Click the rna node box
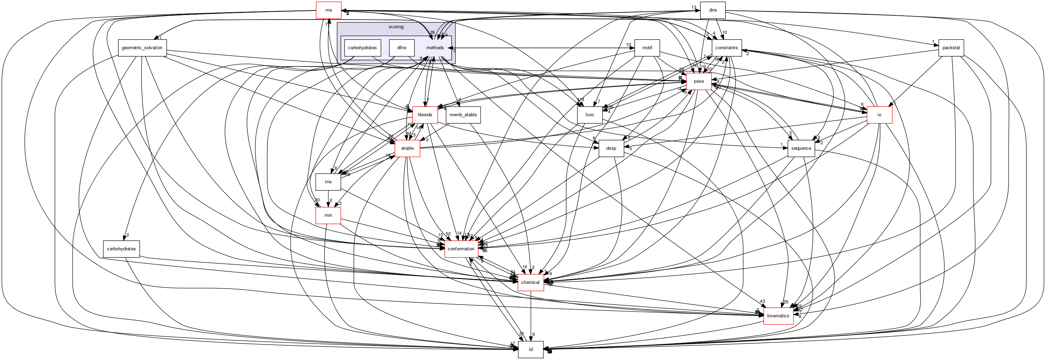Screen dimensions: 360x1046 329,10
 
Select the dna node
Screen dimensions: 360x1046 712,10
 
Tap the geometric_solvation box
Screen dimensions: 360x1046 142,48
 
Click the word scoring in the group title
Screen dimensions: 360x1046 396,27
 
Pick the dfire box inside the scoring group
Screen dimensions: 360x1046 402,48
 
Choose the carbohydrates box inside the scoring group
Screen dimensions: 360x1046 362,48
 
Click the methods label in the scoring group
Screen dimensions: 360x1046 435,48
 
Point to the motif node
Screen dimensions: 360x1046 647,48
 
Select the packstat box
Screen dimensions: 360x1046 951,48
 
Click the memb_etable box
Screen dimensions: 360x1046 463,115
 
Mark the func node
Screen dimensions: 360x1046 590,115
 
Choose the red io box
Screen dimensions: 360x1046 879,115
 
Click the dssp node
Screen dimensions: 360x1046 611,148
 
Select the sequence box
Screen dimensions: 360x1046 801,148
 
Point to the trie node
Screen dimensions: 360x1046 328,182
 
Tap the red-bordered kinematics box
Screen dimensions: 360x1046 778,316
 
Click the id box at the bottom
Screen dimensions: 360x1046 530,350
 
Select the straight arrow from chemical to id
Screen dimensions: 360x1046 531,317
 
